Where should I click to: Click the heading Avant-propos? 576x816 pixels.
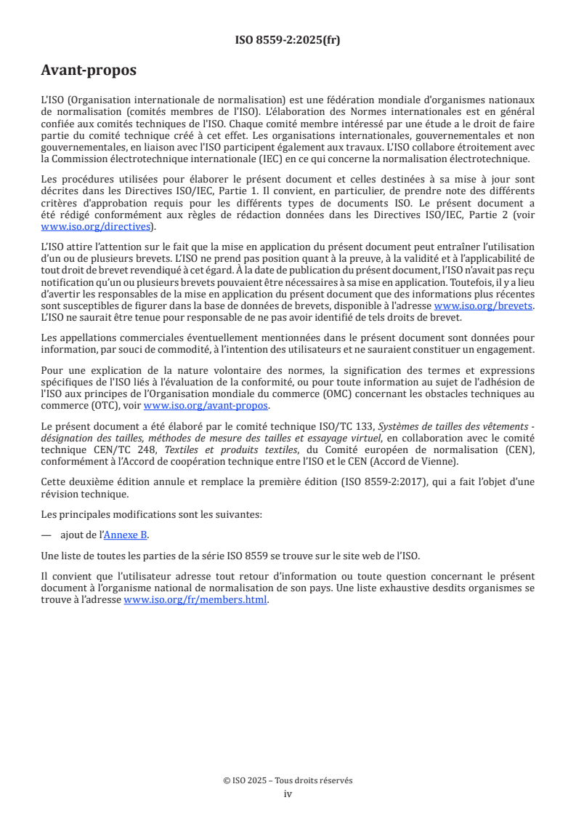click(x=89, y=71)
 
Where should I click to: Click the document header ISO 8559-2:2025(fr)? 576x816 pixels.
click(x=288, y=40)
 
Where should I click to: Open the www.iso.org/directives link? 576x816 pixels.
click(x=97, y=227)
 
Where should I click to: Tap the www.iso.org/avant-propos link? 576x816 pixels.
click(x=206, y=405)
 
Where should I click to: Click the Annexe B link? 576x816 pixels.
click(x=126, y=535)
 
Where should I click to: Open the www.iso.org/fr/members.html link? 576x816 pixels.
click(x=195, y=600)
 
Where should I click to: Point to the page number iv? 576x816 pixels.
click(x=288, y=793)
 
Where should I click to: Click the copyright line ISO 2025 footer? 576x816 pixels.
click(x=288, y=780)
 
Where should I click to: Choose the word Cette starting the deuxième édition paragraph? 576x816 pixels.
click(x=55, y=482)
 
